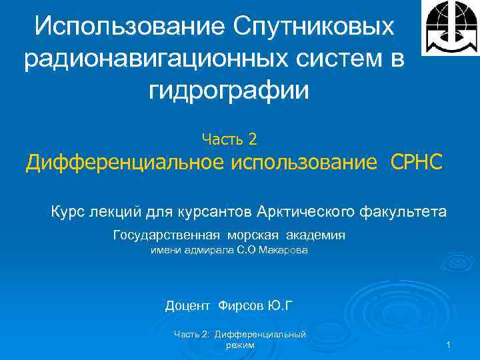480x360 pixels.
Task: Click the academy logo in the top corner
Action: tap(451, 27)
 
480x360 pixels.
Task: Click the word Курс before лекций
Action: tap(67, 212)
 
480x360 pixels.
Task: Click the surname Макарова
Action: tap(284, 251)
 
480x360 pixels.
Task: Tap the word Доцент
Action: tap(188, 306)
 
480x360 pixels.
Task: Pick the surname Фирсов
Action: tap(241, 306)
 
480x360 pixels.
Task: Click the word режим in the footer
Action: tap(240, 345)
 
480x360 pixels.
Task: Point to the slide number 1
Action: tap(449, 345)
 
